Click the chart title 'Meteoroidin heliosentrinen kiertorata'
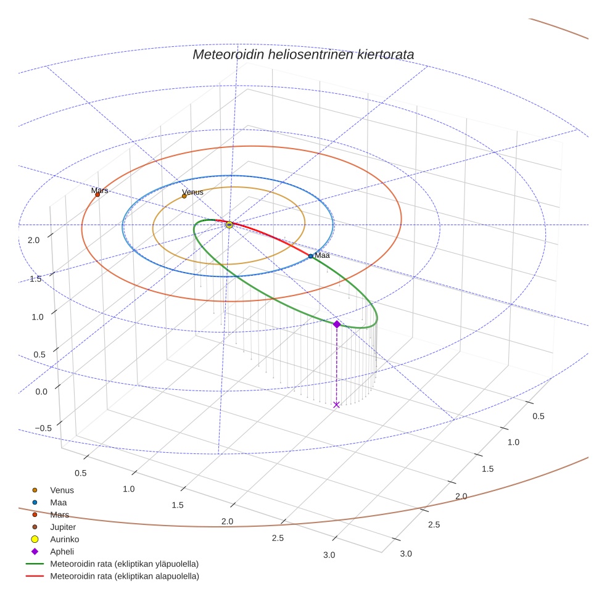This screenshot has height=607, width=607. click(303, 54)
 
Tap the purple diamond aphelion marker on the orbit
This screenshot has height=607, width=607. click(336, 324)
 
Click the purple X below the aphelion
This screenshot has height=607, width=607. click(336, 405)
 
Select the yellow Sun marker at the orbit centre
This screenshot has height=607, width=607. click(229, 225)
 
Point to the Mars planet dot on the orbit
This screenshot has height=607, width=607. click(97, 195)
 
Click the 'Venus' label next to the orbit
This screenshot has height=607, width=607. click(192, 192)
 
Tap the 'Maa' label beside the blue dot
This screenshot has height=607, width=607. click(323, 255)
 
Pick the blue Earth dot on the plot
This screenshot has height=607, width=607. click(311, 256)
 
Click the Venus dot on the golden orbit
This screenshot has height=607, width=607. click(184, 196)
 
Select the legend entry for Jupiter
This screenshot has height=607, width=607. click(62, 527)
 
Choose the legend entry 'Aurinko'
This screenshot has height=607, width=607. click(64, 539)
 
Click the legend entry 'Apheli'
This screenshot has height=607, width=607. click(62, 551)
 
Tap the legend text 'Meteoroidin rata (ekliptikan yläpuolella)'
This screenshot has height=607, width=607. click(124, 564)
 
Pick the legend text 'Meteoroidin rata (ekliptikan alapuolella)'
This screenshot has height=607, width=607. click(124, 576)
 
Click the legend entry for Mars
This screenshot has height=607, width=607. click(59, 514)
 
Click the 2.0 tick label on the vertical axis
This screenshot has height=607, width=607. click(33, 240)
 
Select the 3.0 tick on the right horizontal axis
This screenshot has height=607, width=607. click(406, 553)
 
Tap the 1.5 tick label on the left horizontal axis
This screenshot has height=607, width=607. click(178, 505)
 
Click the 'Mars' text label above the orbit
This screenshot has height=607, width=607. click(100, 191)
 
